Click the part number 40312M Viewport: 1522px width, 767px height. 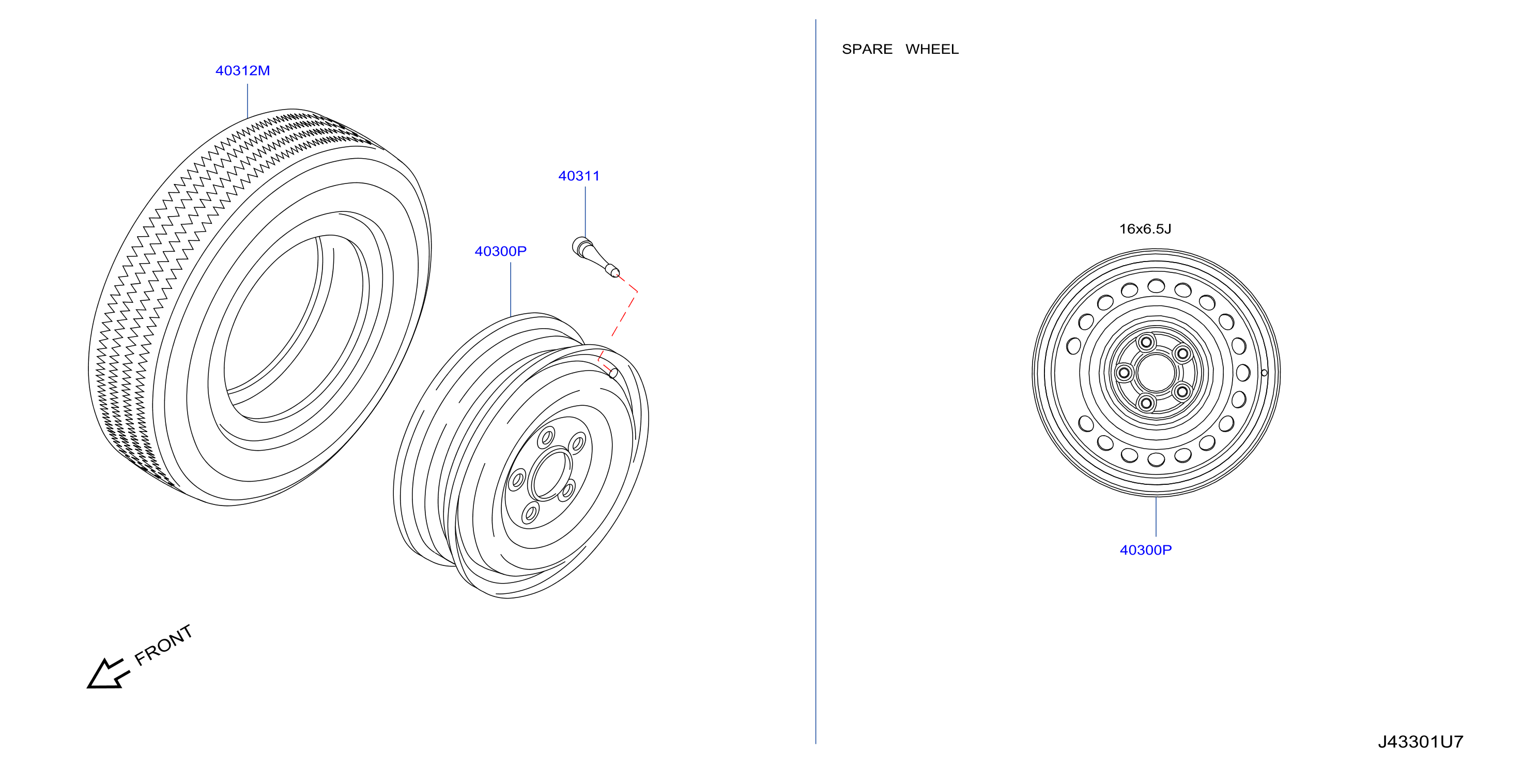[x=242, y=70]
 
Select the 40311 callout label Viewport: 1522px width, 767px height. [x=578, y=176]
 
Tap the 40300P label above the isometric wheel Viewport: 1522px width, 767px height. [x=500, y=251]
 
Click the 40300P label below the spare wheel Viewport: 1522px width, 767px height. [x=1146, y=549]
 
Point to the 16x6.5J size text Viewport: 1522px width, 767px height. [x=1145, y=228]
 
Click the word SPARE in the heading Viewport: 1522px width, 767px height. [x=867, y=49]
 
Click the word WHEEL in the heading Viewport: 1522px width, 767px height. [x=932, y=49]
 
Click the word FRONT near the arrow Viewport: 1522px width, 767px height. [x=164, y=645]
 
